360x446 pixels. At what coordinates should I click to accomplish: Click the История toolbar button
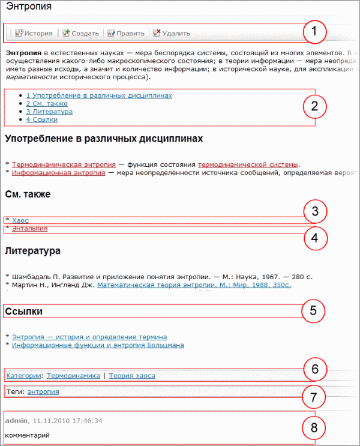34,33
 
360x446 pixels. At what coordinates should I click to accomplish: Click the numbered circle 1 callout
314,32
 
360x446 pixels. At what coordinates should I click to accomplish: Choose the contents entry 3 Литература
49,112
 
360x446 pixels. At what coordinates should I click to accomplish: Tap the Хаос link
20,220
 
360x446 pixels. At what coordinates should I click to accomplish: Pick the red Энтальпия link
29,228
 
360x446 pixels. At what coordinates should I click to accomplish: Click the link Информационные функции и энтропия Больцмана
98,345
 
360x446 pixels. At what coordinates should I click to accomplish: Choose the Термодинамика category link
73,376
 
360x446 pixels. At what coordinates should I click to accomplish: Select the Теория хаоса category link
131,376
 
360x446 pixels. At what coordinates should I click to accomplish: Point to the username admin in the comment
16,421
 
